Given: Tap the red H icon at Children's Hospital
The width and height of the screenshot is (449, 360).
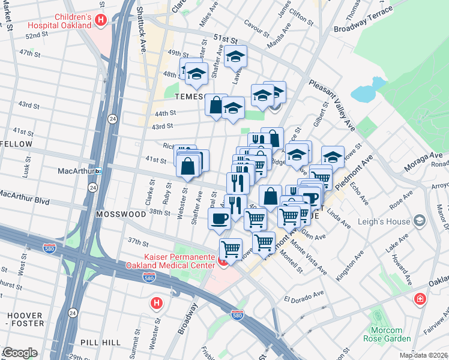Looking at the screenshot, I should click(101, 20).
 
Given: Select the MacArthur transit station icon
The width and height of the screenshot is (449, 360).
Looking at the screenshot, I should click(98, 171).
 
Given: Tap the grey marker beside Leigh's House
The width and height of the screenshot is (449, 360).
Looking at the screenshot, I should click(419, 221).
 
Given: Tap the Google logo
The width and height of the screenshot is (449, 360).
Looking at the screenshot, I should click(20, 353).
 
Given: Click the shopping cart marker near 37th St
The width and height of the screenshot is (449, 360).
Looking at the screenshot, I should click(231, 248).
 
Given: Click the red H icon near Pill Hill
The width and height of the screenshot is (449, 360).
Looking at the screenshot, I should click(156, 303).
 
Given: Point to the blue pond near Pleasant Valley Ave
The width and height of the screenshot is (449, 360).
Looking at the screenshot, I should click(363, 94).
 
